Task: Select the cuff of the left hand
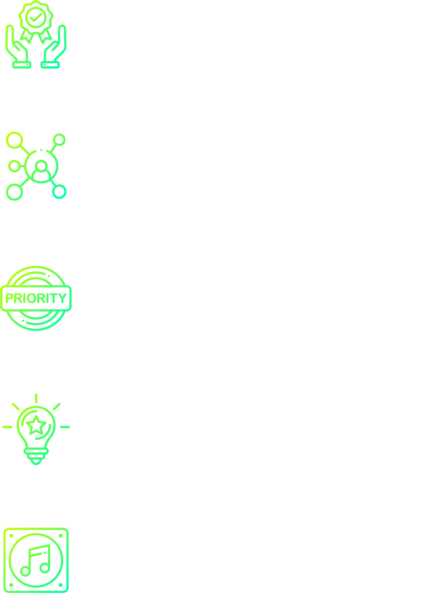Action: tap(22, 65)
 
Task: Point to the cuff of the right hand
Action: tap(50, 65)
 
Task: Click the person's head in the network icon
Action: tap(41, 166)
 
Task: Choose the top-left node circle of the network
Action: tap(14, 140)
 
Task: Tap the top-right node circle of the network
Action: tap(59, 139)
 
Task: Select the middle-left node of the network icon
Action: tap(14, 166)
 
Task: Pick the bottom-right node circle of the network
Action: tap(59, 192)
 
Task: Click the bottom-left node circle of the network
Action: tap(14, 192)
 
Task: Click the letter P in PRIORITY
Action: tap(10, 298)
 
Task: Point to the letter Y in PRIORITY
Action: tap(63, 298)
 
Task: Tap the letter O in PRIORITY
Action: tap(32, 298)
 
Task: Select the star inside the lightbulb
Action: tap(36, 425)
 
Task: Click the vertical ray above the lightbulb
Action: tap(36, 398)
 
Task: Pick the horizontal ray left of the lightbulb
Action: tap(7, 427)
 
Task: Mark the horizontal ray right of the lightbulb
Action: tap(65, 427)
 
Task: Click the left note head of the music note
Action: tap(25, 571)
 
